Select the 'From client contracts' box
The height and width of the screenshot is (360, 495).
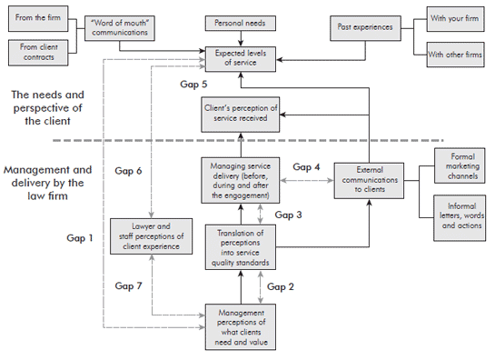point(36,53)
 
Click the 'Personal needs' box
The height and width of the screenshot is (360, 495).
point(241,21)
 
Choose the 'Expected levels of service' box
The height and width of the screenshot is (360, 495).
point(241,56)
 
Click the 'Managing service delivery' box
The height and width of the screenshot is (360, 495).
point(241,180)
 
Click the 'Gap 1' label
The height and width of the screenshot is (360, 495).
point(80,238)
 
